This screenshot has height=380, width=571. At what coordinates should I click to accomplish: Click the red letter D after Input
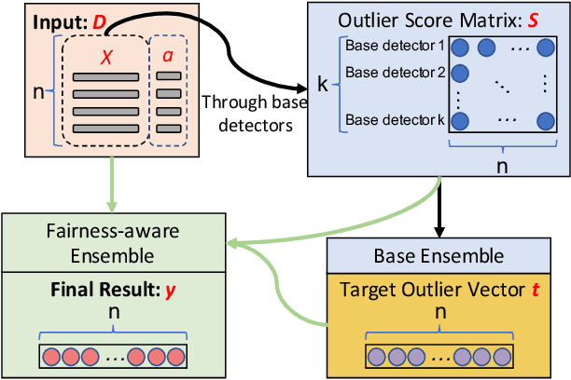tap(99, 20)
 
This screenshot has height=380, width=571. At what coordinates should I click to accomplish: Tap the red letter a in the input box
tap(167, 56)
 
